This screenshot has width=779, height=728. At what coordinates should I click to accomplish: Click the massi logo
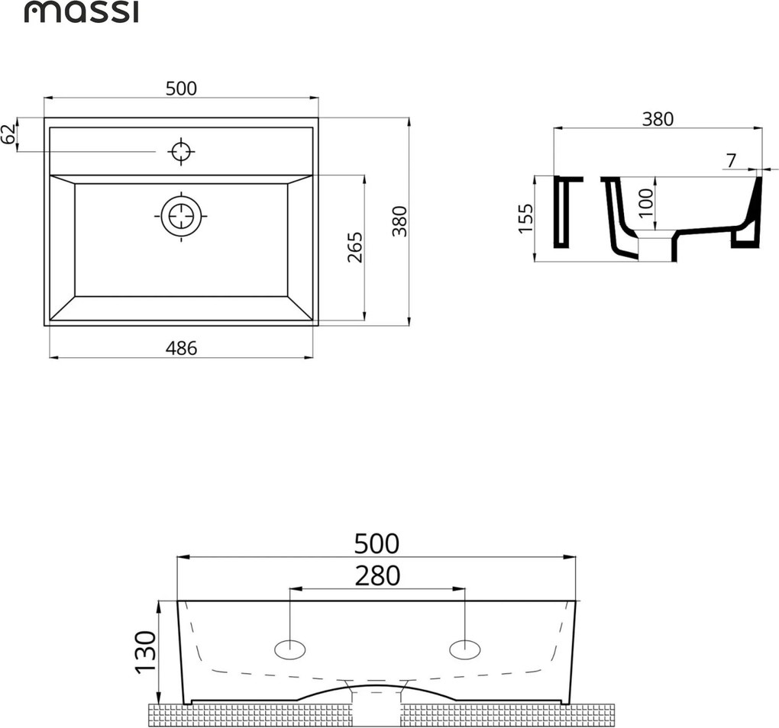pos(82,12)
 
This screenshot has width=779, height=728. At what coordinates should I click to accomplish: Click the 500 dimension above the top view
pos(181,89)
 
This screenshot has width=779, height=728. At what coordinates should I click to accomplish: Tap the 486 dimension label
pos(181,349)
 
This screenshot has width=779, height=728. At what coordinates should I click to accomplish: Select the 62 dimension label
pos(8,134)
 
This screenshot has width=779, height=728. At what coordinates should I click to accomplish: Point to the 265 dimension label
pos(355,247)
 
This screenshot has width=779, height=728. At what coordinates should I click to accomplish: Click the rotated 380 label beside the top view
pos(400,221)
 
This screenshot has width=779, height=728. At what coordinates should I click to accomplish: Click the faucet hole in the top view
pos(181,151)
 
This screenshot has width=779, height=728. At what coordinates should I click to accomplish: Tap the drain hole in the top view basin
pos(181,217)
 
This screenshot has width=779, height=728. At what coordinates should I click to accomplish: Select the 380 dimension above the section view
pos(658,119)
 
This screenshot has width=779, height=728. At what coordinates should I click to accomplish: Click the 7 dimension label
pos(731,161)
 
